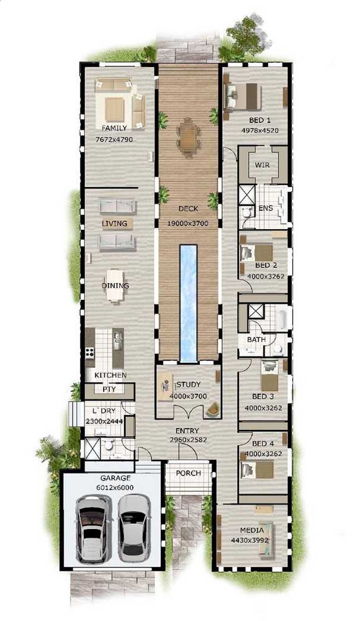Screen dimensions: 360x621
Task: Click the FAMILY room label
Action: pyautogui.click(x=114, y=129)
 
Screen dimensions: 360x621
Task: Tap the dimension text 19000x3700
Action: pyautogui.click(x=187, y=224)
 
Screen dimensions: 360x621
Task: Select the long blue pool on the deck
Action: pyautogui.click(x=188, y=304)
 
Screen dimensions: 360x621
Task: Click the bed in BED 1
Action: pyautogui.click(x=242, y=96)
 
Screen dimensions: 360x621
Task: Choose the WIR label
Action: pyautogui.click(x=262, y=165)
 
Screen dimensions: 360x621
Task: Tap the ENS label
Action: pyautogui.click(x=266, y=208)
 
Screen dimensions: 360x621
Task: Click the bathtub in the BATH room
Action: pyautogui.click(x=282, y=319)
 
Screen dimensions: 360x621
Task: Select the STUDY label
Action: pyautogui.click(x=189, y=384)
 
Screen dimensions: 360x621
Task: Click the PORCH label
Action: pyautogui.click(x=189, y=473)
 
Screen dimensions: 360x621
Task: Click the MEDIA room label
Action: pyautogui.click(x=252, y=530)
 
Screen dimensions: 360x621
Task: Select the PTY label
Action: pyautogui.click(x=109, y=389)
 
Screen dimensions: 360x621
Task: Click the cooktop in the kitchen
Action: pyautogui.click(x=90, y=352)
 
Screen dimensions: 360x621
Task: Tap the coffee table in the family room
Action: pyautogui.click(x=114, y=109)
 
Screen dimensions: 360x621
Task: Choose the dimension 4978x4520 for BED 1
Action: pyautogui.click(x=260, y=130)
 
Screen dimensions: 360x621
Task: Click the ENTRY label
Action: pyautogui.click(x=187, y=430)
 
